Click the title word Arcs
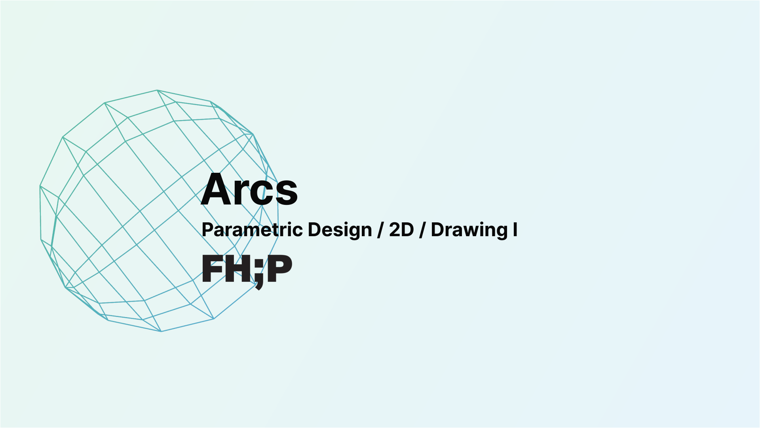click(x=249, y=189)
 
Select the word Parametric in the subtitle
click(x=253, y=230)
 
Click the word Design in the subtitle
click(x=340, y=230)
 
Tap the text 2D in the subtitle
click(x=401, y=229)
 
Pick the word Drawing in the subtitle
click(x=469, y=230)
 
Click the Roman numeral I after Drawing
click(x=515, y=230)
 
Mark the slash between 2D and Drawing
click(x=422, y=230)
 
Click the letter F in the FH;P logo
click(x=212, y=269)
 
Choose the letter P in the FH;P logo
click(x=279, y=269)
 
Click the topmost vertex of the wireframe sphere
click(x=157, y=90)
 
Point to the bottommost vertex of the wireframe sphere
click(x=161, y=331)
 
